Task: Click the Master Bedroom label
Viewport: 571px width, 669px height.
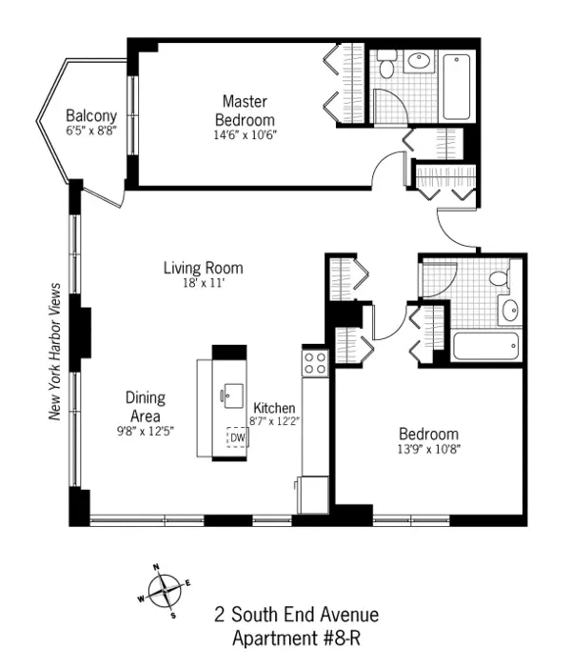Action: point(245,110)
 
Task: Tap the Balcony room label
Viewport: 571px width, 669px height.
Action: point(91,117)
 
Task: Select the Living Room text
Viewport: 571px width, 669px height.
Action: point(203,268)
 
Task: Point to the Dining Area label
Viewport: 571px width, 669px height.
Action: point(146,407)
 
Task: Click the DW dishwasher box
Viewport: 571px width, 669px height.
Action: point(235,436)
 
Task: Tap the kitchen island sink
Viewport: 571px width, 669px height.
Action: point(230,394)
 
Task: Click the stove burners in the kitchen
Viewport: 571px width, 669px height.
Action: point(315,362)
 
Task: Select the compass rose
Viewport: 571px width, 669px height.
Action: point(165,591)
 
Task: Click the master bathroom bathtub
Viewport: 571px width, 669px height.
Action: point(457,88)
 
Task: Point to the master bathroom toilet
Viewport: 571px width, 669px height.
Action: point(386,67)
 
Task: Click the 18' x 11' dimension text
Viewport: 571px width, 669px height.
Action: point(203,283)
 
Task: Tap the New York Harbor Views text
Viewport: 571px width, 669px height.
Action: point(55,352)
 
